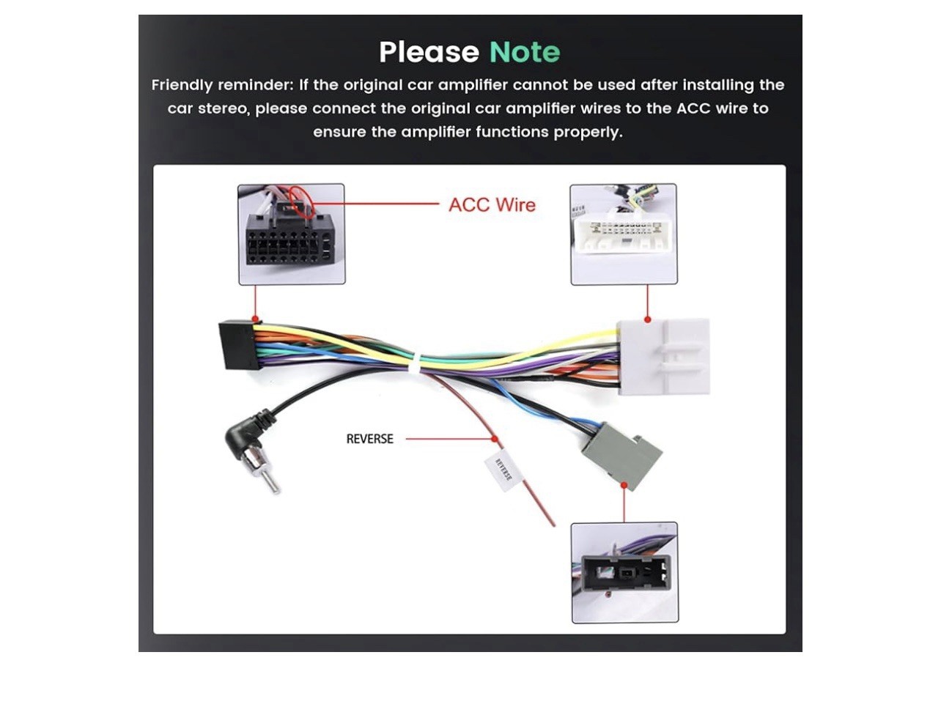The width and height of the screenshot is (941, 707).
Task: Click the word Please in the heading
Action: coord(429,53)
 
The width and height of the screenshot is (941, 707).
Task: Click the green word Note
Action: coord(524,53)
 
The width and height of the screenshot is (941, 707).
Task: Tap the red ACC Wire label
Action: coord(492,205)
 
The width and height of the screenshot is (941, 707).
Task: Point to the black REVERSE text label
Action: coord(369,439)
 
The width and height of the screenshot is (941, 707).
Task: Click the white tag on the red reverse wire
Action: coord(500,470)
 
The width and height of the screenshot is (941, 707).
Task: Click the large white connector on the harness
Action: coord(663,357)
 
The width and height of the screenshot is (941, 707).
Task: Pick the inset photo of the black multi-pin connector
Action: coord(292,234)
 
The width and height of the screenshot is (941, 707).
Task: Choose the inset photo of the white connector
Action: coord(624,234)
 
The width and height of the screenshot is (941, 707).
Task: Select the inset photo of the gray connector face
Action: coord(624,572)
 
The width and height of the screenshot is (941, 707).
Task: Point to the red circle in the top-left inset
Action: coord(300,199)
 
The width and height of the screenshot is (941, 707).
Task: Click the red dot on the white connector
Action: coord(647,319)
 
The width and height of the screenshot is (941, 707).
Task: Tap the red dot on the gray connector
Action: coord(624,484)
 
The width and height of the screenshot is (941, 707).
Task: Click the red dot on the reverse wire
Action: coord(495,439)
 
